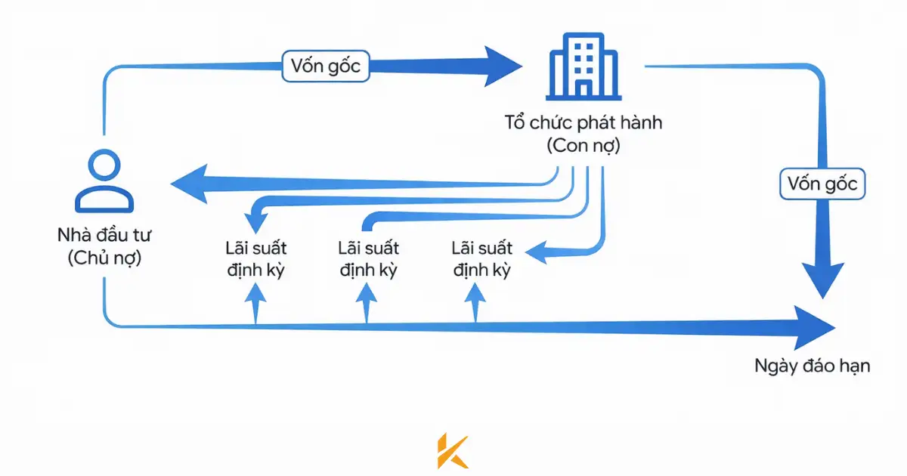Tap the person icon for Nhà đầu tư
click(x=104, y=181)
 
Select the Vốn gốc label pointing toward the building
click(x=326, y=66)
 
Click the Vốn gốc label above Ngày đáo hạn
click(x=822, y=184)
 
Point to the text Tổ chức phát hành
click(x=583, y=122)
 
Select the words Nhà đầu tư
click(x=104, y=235)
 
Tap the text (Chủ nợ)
click(x=104, y=258)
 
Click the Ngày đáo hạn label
click(x=813, y=366)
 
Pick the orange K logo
click(x=453, y=451)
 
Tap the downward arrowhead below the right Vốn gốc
click(x=822, y=280)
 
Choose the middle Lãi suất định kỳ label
click(x=369, y=258)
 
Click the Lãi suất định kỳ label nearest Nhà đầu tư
click(x=255, y=258)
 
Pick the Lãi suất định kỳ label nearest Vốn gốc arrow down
click(x=481, y=258)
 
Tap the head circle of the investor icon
click(x=104, y=165)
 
